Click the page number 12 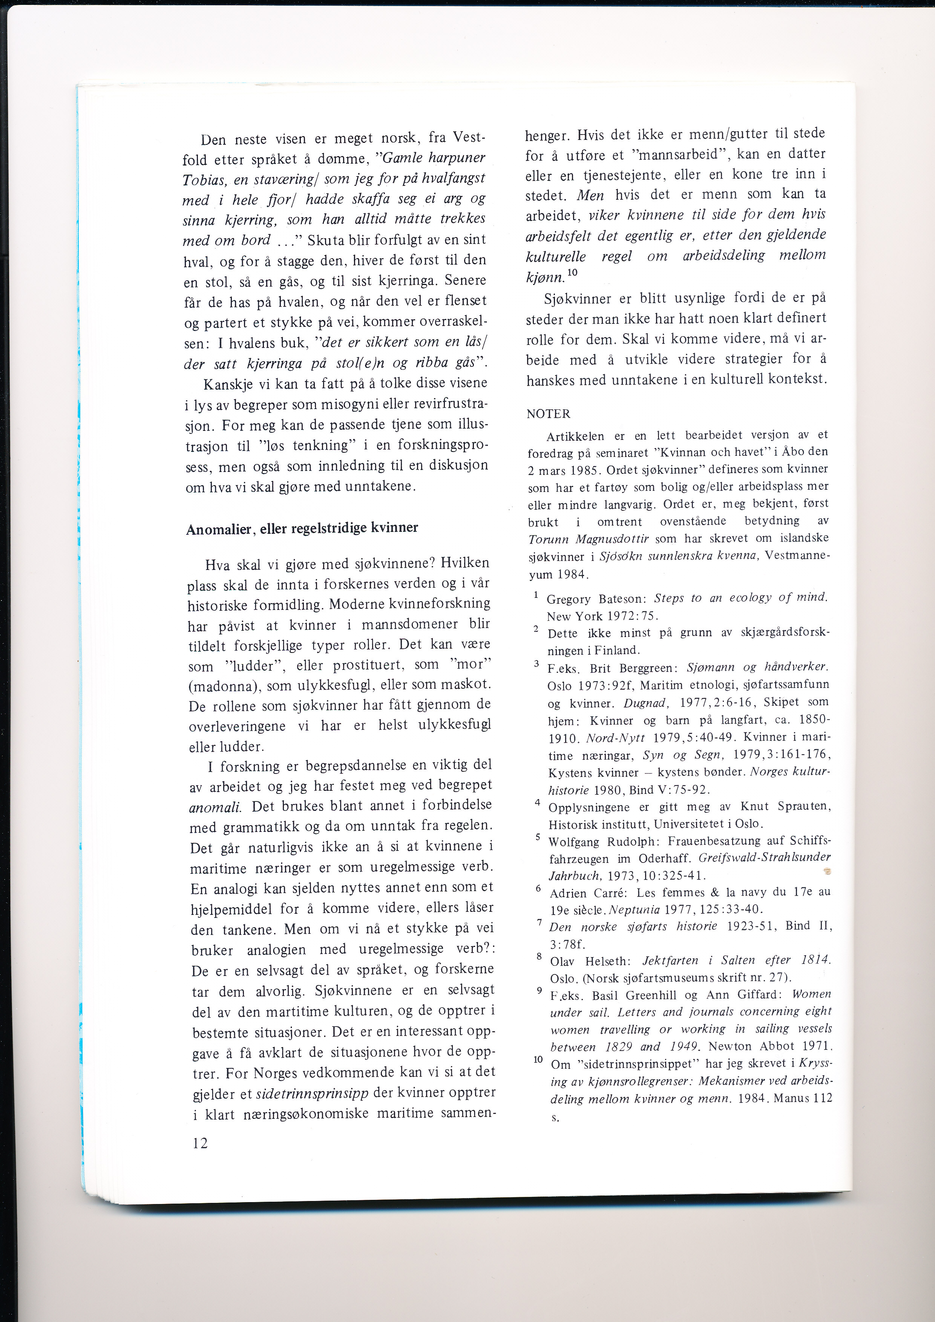pos(200,1143)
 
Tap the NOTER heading pos(548,414)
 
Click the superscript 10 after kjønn pos(572,272)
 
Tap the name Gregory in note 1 pos(569,599)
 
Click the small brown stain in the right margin pos(827,872)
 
